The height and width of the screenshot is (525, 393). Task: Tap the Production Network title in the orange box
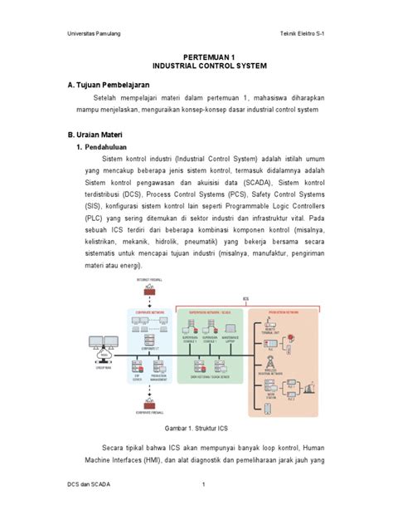pyautogui.click(x=284, y=313)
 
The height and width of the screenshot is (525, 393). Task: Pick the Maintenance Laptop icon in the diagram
pyautogui.click(x=232, y=327)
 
